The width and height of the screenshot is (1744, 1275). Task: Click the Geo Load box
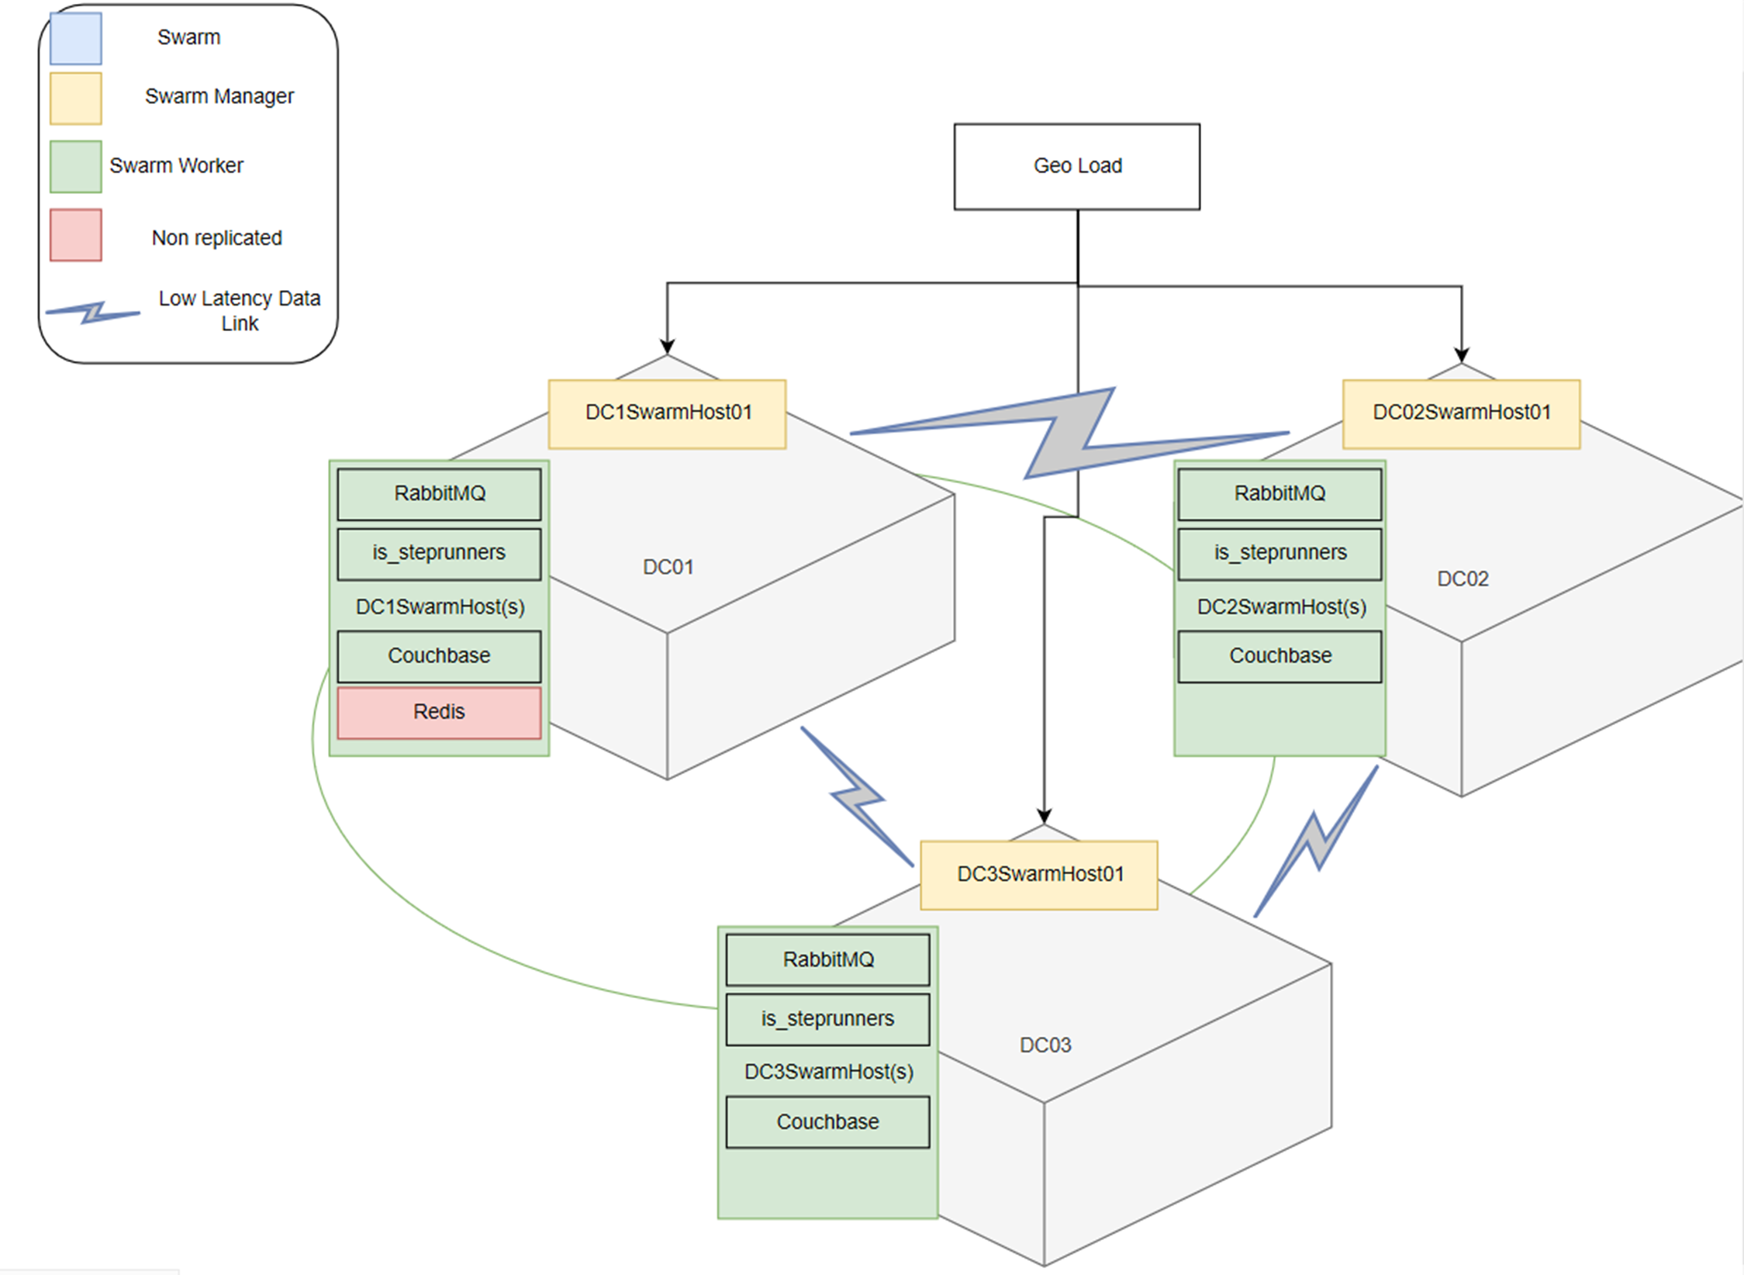click(x=1076, y=166)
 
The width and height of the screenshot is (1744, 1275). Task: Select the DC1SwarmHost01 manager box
click(x=667, y=413)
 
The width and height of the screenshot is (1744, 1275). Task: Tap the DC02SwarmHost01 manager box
click(x=1461, y=413)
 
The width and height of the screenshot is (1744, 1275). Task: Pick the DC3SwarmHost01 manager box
click(x=1038, y=875)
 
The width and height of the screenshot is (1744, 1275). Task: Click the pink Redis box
click(x=439, y=712)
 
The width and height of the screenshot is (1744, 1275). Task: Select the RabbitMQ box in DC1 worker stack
click(x=439, y=494)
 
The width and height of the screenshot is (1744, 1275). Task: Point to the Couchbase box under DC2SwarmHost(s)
click(x=1280, y=656)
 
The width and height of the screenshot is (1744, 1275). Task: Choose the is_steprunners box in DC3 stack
click(x=827, y=1019)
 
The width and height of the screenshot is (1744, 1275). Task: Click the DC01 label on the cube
click(x=668, y=567)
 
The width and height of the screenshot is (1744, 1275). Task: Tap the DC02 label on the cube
click(x=1463, y=579)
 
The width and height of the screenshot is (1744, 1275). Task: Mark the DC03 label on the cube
click(x=1045, y=1045)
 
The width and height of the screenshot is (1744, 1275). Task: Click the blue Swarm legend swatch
click(x=75, y=38)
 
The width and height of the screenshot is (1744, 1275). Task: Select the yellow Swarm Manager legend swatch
click(x=75, y=98)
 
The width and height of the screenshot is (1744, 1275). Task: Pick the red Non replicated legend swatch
click(x=75, y=235)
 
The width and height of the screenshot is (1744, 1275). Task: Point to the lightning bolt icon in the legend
click(x=93, y=313)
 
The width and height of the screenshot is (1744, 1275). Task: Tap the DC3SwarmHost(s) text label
click(x=828, y=1072)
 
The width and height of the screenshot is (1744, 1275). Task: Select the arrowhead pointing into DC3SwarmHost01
click(x=1044, y=816)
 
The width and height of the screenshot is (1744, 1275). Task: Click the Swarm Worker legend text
click(x=176, y=166)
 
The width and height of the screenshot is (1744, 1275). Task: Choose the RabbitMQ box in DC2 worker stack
click(x=1280, y=494)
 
